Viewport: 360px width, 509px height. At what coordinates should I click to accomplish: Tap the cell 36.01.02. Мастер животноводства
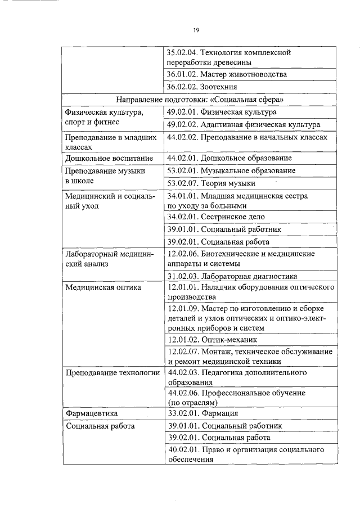coord(227,74)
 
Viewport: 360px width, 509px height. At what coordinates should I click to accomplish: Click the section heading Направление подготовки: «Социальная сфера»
coord(200,99)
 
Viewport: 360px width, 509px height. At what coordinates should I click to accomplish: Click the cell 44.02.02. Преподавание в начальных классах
coord(247,137)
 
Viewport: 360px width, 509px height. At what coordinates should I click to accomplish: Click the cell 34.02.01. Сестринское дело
coord(216,217)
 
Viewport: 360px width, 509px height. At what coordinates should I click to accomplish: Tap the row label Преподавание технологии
coord(112,372)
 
